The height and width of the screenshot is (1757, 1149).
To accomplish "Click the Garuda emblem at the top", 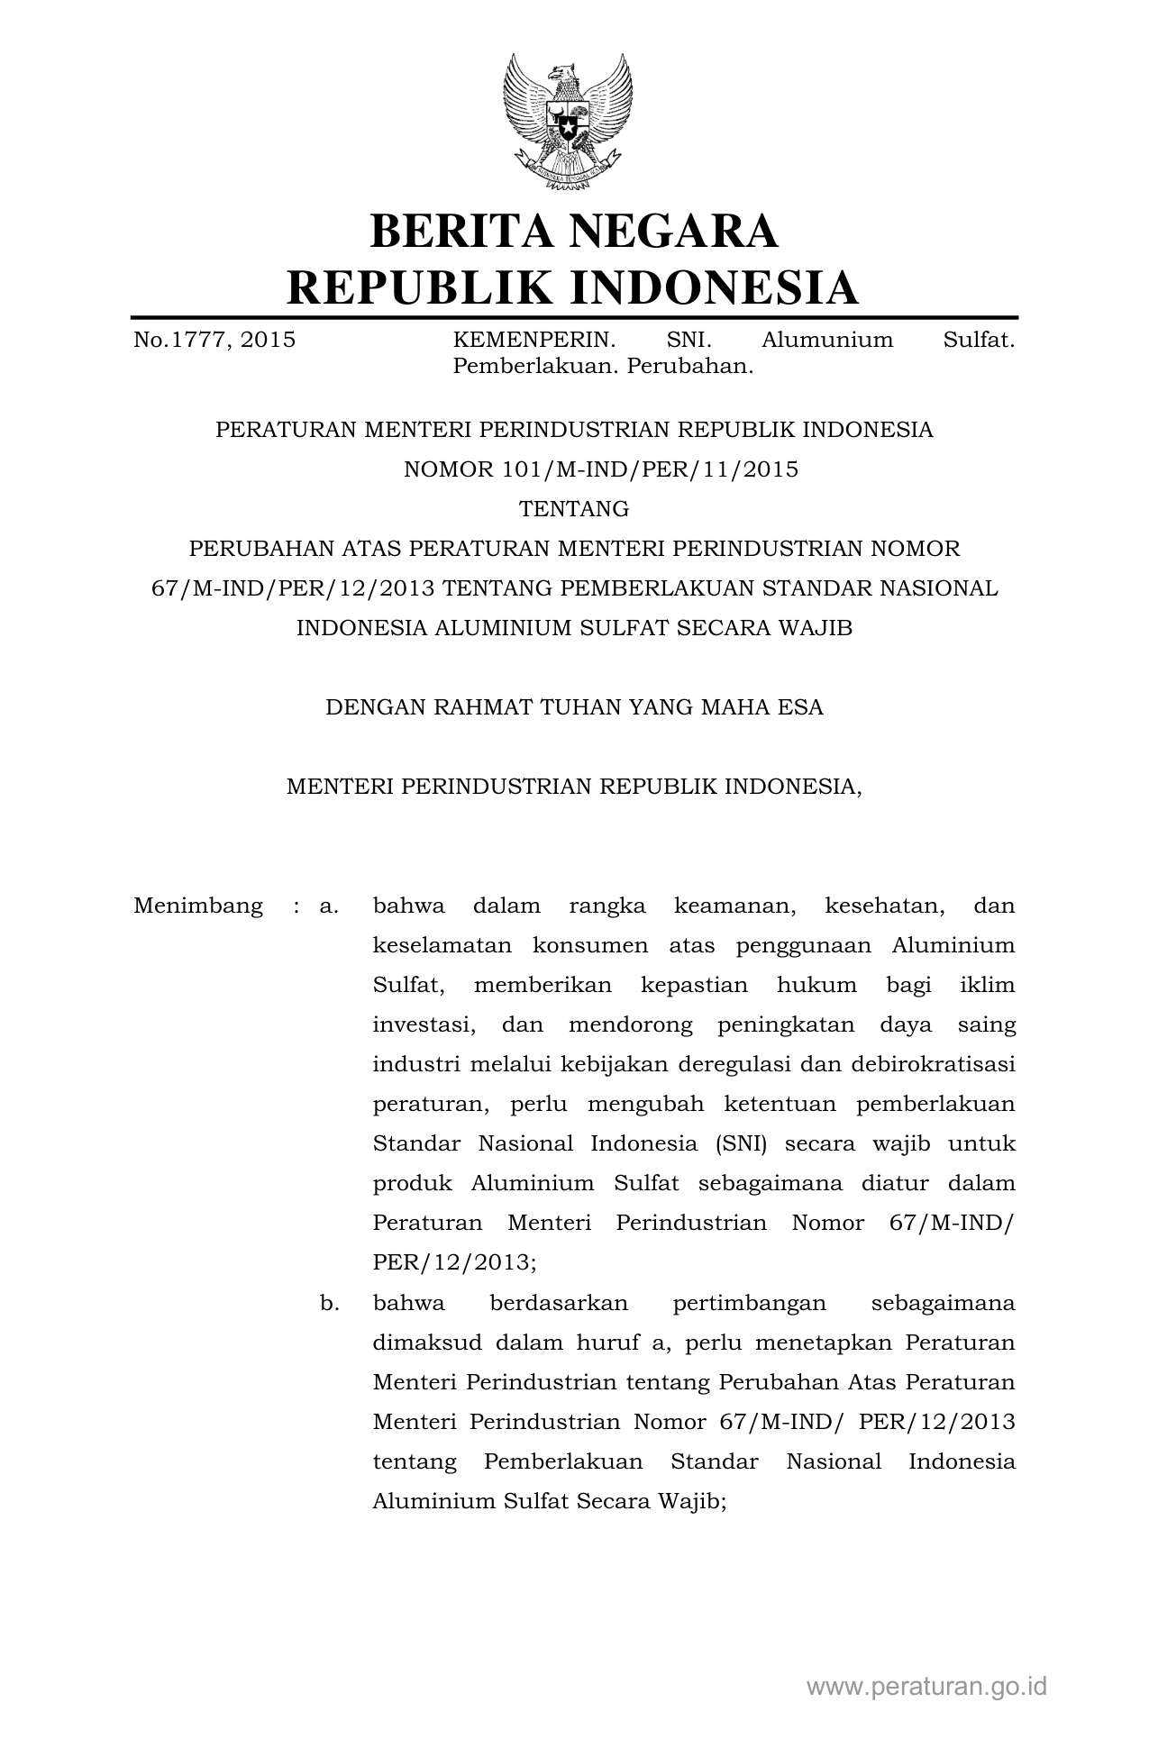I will point(568,123).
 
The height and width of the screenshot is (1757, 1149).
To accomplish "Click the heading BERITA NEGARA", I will point(574,231).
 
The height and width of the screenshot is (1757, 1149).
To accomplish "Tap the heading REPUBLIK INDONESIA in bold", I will point(573,287).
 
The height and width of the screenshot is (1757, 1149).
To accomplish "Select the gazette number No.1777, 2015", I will point(214,341).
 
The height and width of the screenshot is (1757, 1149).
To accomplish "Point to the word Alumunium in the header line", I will point(827,341).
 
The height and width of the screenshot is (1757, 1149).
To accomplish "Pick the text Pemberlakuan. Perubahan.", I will point(603,367).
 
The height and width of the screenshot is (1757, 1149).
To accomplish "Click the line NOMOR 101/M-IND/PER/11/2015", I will point(601,469).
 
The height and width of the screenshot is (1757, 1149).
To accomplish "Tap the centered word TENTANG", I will point(574,509).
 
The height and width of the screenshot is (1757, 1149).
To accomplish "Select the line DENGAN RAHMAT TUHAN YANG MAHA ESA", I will point(574,707).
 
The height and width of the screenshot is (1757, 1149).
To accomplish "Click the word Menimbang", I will point(198,906).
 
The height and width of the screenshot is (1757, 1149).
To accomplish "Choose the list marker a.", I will point(329,906).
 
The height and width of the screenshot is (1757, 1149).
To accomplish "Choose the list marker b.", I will point(329,1303).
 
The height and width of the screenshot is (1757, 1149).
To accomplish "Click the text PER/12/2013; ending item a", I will point(454,1262).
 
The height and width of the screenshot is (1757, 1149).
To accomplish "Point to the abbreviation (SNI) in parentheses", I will point(742,1143).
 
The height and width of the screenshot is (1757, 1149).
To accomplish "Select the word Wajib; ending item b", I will point(692,1501).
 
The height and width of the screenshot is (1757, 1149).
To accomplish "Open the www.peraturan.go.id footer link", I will point(926,1686).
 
